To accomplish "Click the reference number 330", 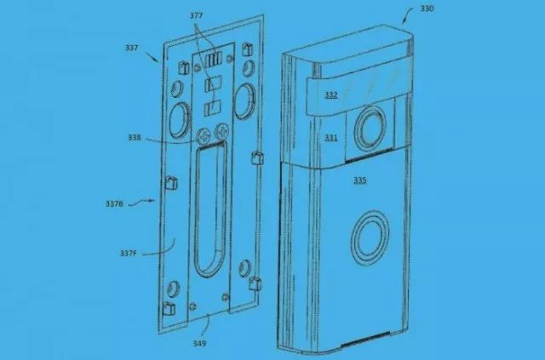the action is pyautogui.click(x=430, y=10).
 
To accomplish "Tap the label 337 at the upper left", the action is pyautogui.click(x=132, y=48).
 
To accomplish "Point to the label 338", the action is pyautogui.click(x=138, y=135).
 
